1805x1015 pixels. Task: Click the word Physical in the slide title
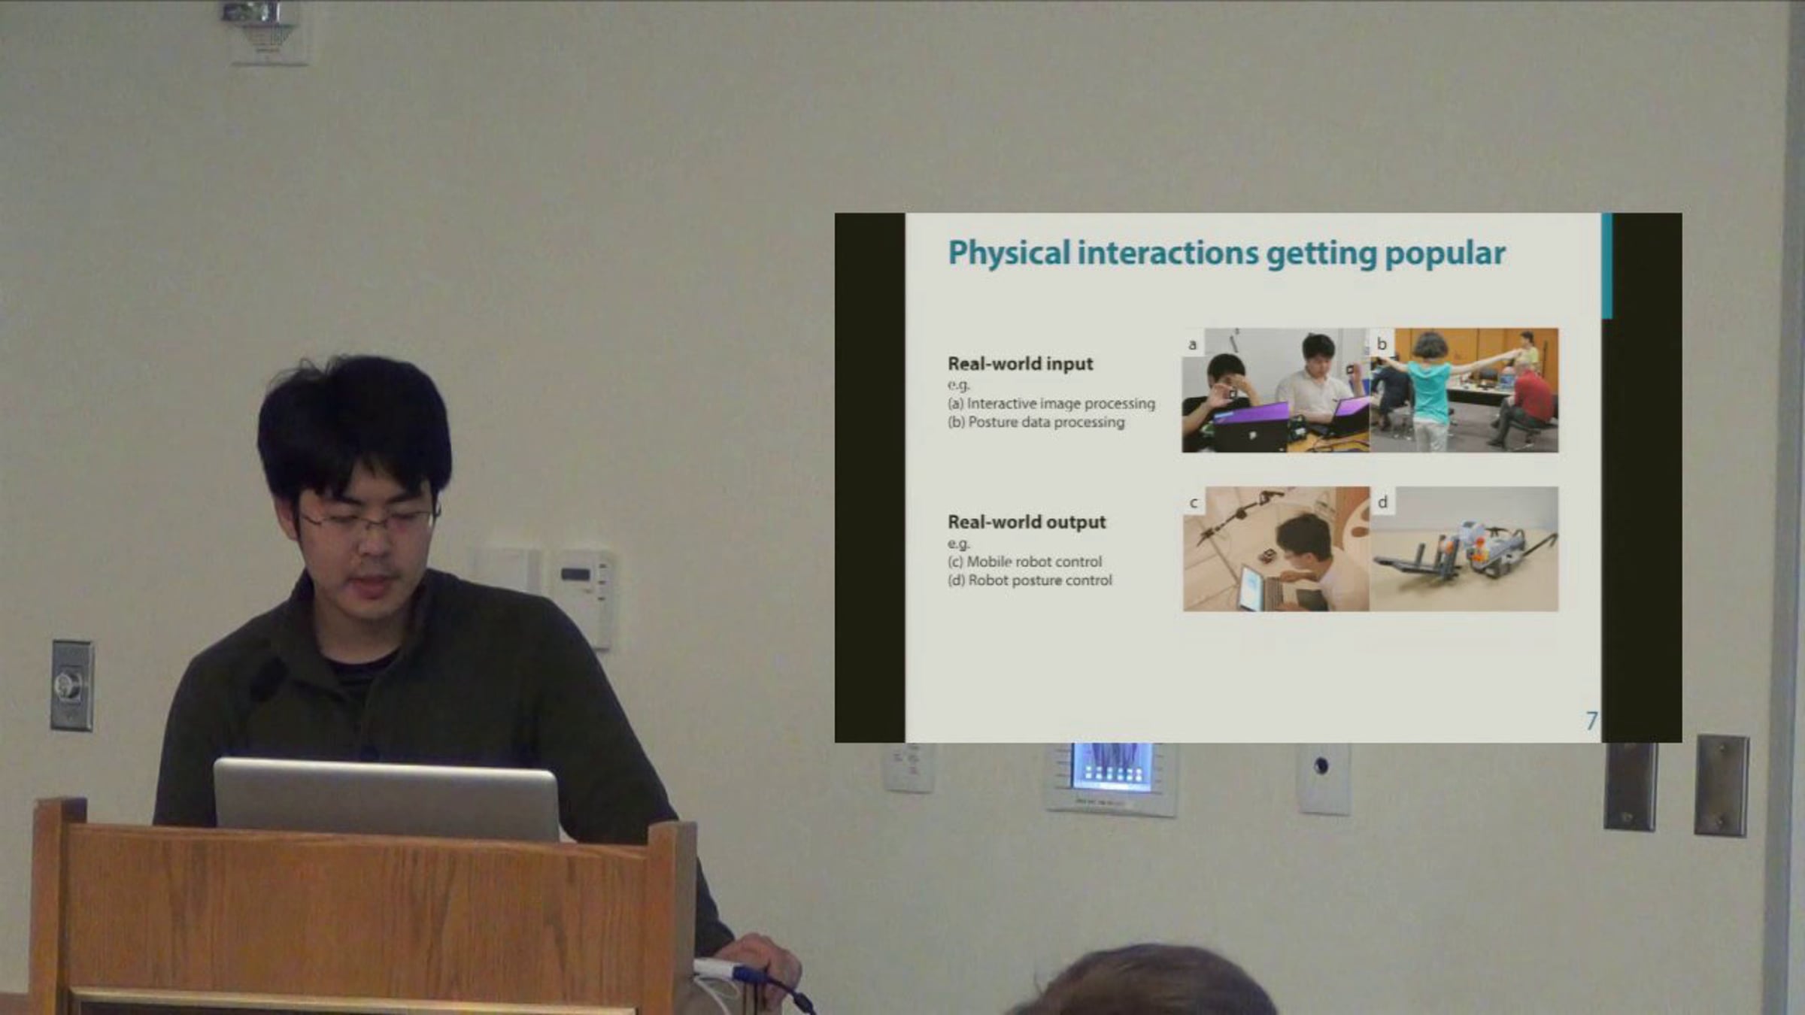pos(1009,253)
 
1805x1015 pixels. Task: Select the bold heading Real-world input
pos(1020,364)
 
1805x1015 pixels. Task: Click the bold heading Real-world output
pos(1027,522)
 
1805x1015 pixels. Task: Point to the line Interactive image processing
pos(1051,404)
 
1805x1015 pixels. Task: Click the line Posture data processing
pos(1036,423)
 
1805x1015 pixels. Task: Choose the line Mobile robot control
pos(1024,562)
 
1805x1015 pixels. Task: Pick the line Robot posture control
pos(1030,580)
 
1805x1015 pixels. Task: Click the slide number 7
pos(1591,721)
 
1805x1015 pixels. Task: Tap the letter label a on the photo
pos(1193,344)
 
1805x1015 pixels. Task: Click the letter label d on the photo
pos(1382,501)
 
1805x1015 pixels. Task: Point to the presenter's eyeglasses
pos(369,518)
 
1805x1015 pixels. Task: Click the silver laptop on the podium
pos(387,799)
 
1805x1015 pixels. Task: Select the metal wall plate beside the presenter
pos(72,685)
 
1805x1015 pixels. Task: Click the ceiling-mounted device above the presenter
pos(264,30)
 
